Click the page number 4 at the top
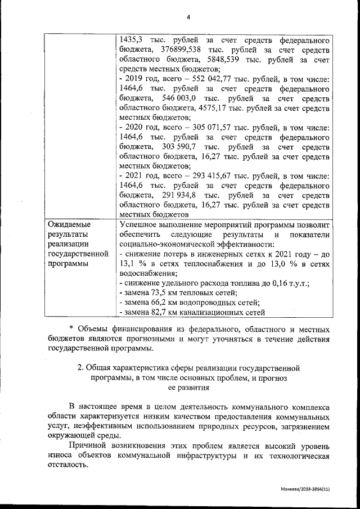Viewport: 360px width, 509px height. point(188,17)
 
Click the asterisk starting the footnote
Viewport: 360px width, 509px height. point(71,330)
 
